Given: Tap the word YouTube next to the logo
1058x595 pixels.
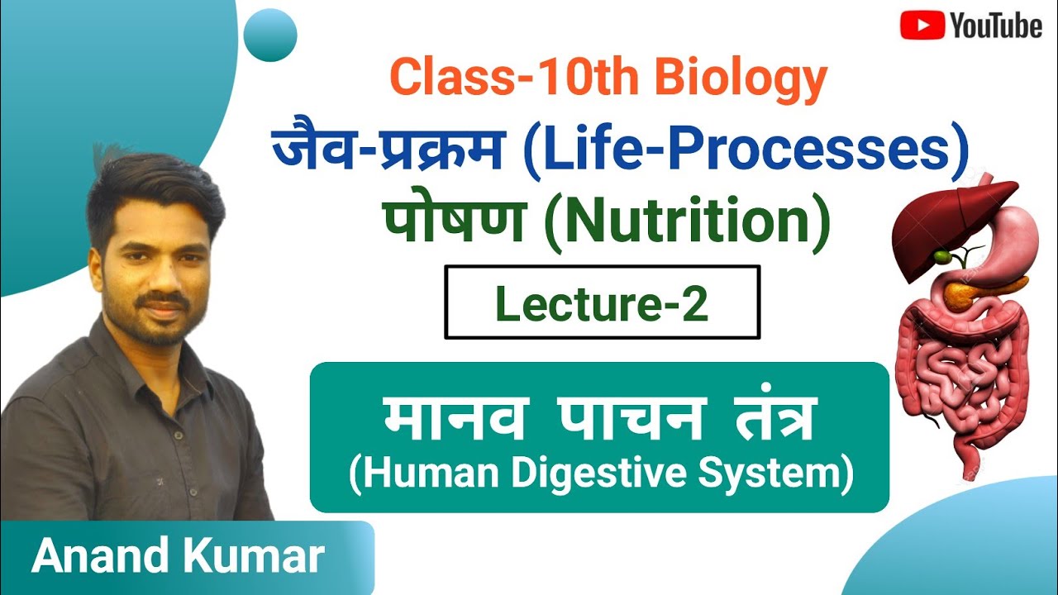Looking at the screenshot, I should (x=995, y=26).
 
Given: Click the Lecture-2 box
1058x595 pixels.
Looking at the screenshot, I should (x=602, y=302).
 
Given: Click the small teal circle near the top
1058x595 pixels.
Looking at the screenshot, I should (x=272, y=36).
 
